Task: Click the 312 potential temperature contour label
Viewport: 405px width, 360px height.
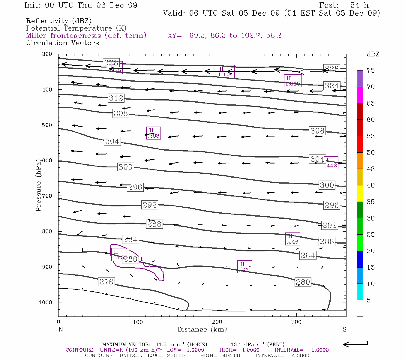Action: point(116,98)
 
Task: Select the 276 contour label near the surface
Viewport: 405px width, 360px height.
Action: point(106,282)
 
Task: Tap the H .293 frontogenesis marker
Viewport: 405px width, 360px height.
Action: point(153,133)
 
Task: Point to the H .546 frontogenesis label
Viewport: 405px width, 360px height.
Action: point(292,239)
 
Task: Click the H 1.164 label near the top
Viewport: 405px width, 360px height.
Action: point(225,72)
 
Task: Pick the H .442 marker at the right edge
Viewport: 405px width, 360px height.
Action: point(331,163)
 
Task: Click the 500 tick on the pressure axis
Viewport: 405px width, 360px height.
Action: point(47,125)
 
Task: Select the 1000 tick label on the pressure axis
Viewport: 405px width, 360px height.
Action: point(45,302)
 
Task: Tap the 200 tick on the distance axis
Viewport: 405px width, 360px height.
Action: point(217,322)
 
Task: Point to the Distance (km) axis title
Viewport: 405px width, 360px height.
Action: point(202,329)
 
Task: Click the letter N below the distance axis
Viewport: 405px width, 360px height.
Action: point(61,329)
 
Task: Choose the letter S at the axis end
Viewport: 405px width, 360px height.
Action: point(344,329)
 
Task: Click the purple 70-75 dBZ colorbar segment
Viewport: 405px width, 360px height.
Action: point(360,78)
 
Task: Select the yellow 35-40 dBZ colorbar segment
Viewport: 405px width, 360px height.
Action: point(360,193)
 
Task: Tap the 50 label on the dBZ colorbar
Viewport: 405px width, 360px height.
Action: point(370,152)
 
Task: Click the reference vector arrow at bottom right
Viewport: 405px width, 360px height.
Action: point(355,344)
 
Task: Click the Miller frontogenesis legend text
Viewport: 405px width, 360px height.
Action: point(86,36)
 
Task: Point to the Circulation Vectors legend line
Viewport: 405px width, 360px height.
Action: point(62,43)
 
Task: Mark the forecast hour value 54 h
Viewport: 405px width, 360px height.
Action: point(359,5)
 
